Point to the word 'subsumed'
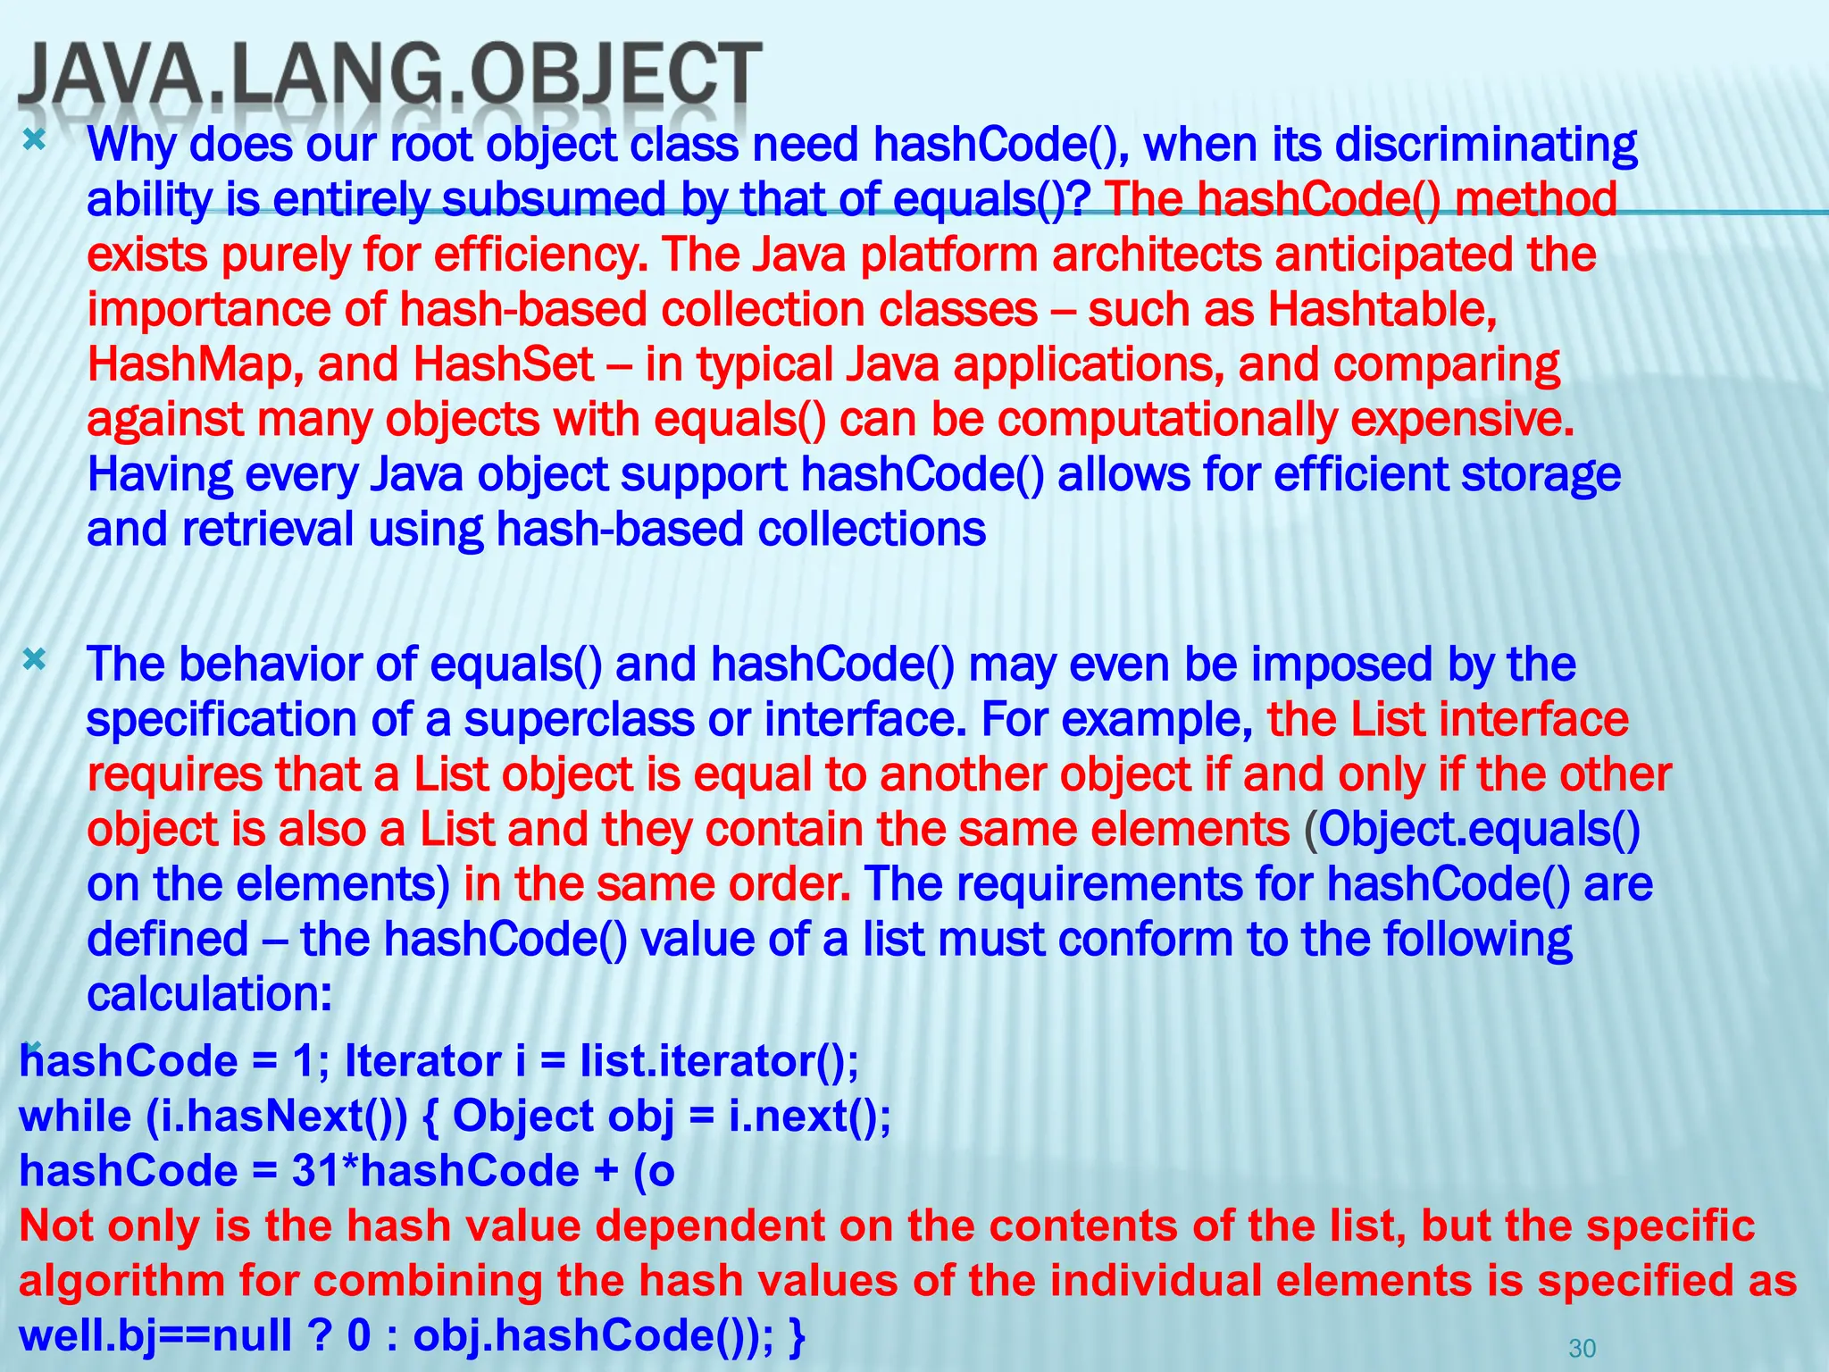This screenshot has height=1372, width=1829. pyautogui.click(x=553, y=200)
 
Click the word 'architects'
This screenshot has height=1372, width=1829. pyautogui.click(x=1157, y=255)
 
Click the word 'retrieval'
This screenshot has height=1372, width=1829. pyautogui.click(x=269, y=530)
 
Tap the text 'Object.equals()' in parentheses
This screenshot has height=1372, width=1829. pyautogui.click(x=1479, y=830)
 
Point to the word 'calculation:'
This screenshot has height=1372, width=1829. pyautogui.click(x=209, y=994)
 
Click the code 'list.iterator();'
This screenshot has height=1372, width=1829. pyautogui.click(x=719, y=1062)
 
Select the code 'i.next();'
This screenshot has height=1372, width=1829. pyautogui.click(x=809, y=1117)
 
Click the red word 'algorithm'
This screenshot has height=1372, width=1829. pyautogui.click(x=121, y=1281)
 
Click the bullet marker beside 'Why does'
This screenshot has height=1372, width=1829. pyautogui.click(x=34, y=139)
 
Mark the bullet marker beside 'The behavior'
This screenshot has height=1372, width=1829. pyautogui.click(x=34, y=660)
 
